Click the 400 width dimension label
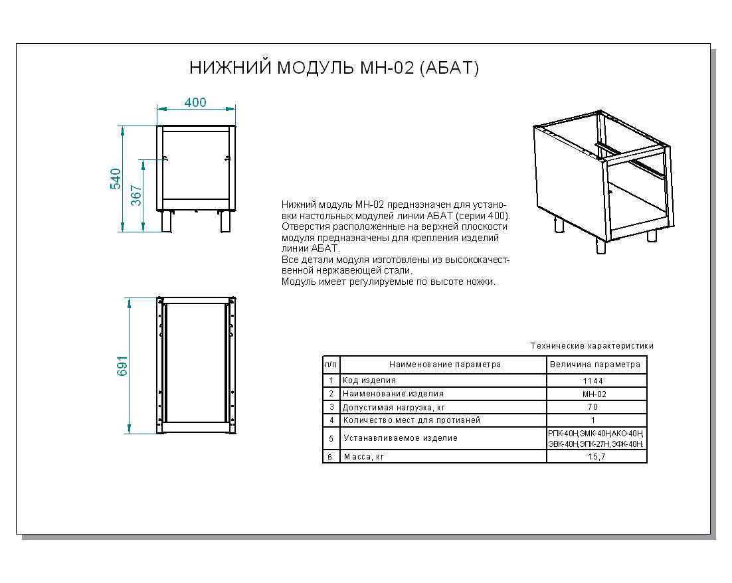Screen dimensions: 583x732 pyautogui.click(x=195, y=103)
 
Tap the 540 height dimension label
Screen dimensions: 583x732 pyautogui.click(x=116, y=179)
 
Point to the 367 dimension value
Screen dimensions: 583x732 pyautogui.click(x=136, y=195)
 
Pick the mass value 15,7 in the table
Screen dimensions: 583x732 pyautogui.click(x=596, y=457)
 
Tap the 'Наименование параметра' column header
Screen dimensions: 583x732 pyautogui.click(x=444, y=365)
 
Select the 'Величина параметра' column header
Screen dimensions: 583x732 pyautogui.click(x=596, y=365)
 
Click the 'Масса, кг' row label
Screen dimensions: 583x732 pyautogui.click(x=363, y=457)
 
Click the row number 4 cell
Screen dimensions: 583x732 pyautogui.click(x=331, y=420)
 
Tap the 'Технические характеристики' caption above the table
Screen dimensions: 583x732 pyautogui.click(x=592, y=346)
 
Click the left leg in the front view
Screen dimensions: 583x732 pyautogui.click(x=165, y=222)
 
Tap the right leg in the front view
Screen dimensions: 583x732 pyautogui.click(x=227, y=222)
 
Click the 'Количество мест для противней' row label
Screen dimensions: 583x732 pyautogui.click(x=411, y=420)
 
